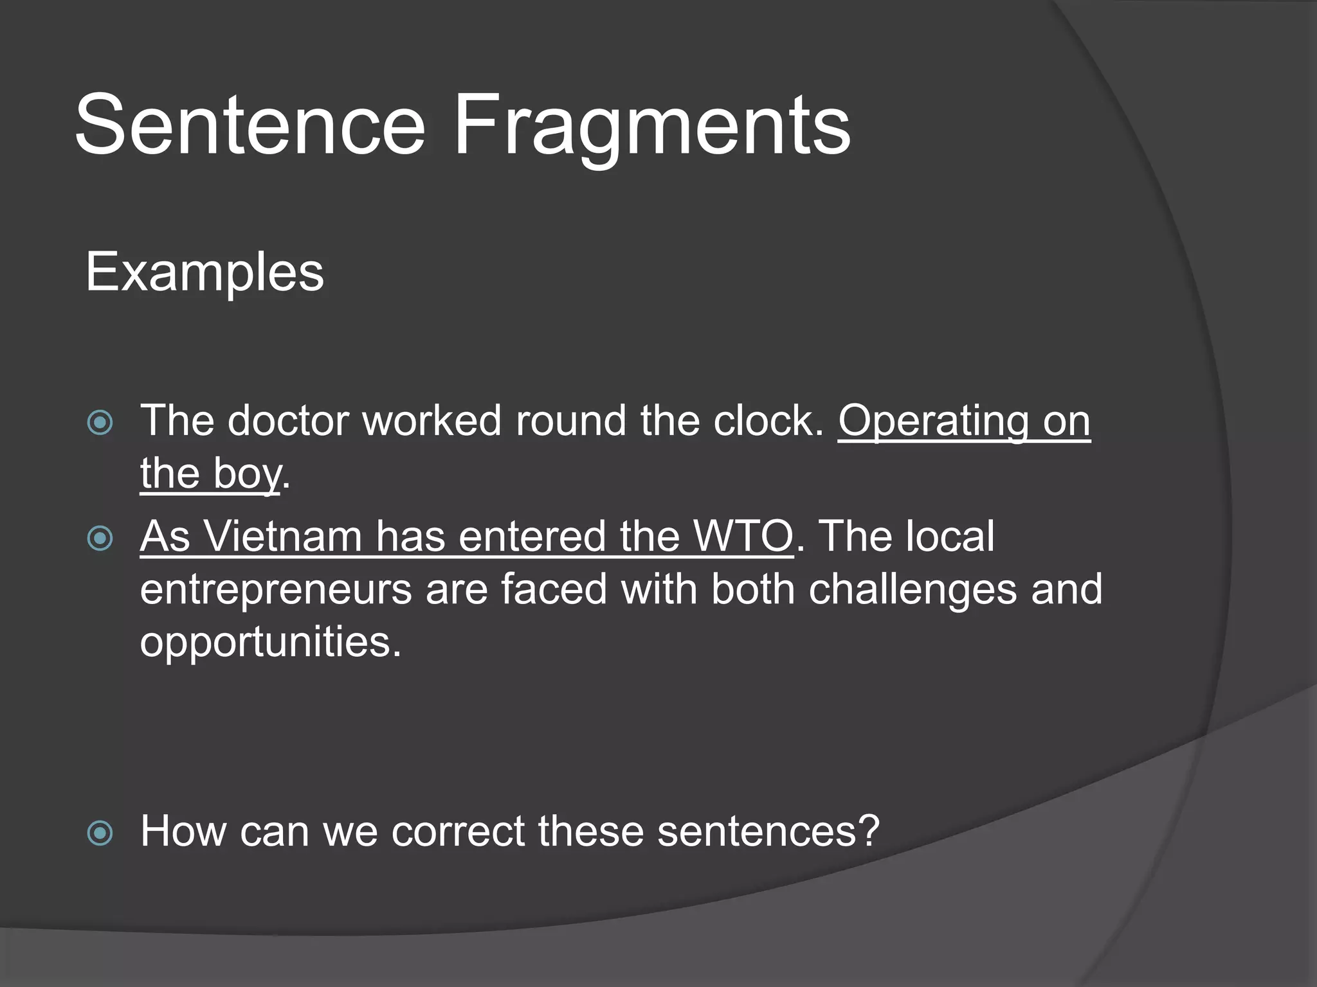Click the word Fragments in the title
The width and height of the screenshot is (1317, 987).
coord(652,126)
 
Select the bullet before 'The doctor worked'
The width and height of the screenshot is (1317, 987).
coord(100,423)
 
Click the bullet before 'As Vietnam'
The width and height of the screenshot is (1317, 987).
coord(100,538)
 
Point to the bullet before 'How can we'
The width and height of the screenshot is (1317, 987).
coord(100,833)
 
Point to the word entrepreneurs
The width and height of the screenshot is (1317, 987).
coord(276,590)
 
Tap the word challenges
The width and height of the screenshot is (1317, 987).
coord(913,590)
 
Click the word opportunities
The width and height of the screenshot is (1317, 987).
coord(270,643)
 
